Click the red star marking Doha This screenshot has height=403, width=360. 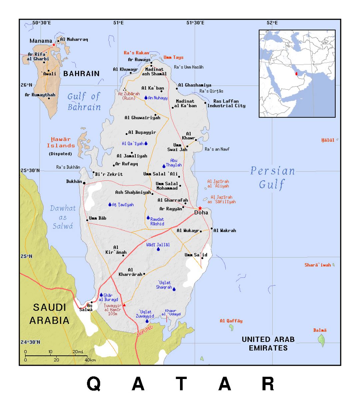pos(200,208)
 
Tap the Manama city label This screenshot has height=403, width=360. pos(41,41)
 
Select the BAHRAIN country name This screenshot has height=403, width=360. pos(81,74)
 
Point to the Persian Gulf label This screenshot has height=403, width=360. pos(272,177)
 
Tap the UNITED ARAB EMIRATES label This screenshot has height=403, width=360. pos(268,343)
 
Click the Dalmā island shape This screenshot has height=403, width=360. pos(321,340)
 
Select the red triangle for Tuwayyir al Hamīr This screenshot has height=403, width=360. pos(124,305)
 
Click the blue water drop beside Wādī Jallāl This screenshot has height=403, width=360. pos(158,249)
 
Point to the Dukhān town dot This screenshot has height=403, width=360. pos(84,183)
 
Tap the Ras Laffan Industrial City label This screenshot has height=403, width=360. pos(226,103)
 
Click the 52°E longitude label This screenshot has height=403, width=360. pos(272,23)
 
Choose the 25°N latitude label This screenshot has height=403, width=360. pos(27,256)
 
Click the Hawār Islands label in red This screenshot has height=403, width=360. pos(61,143)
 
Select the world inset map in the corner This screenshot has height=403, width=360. pos(297,74)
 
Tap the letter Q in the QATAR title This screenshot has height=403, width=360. pos(94,384)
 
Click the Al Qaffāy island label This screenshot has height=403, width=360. pos(231,321)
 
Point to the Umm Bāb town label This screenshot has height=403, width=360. pos(98,218)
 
